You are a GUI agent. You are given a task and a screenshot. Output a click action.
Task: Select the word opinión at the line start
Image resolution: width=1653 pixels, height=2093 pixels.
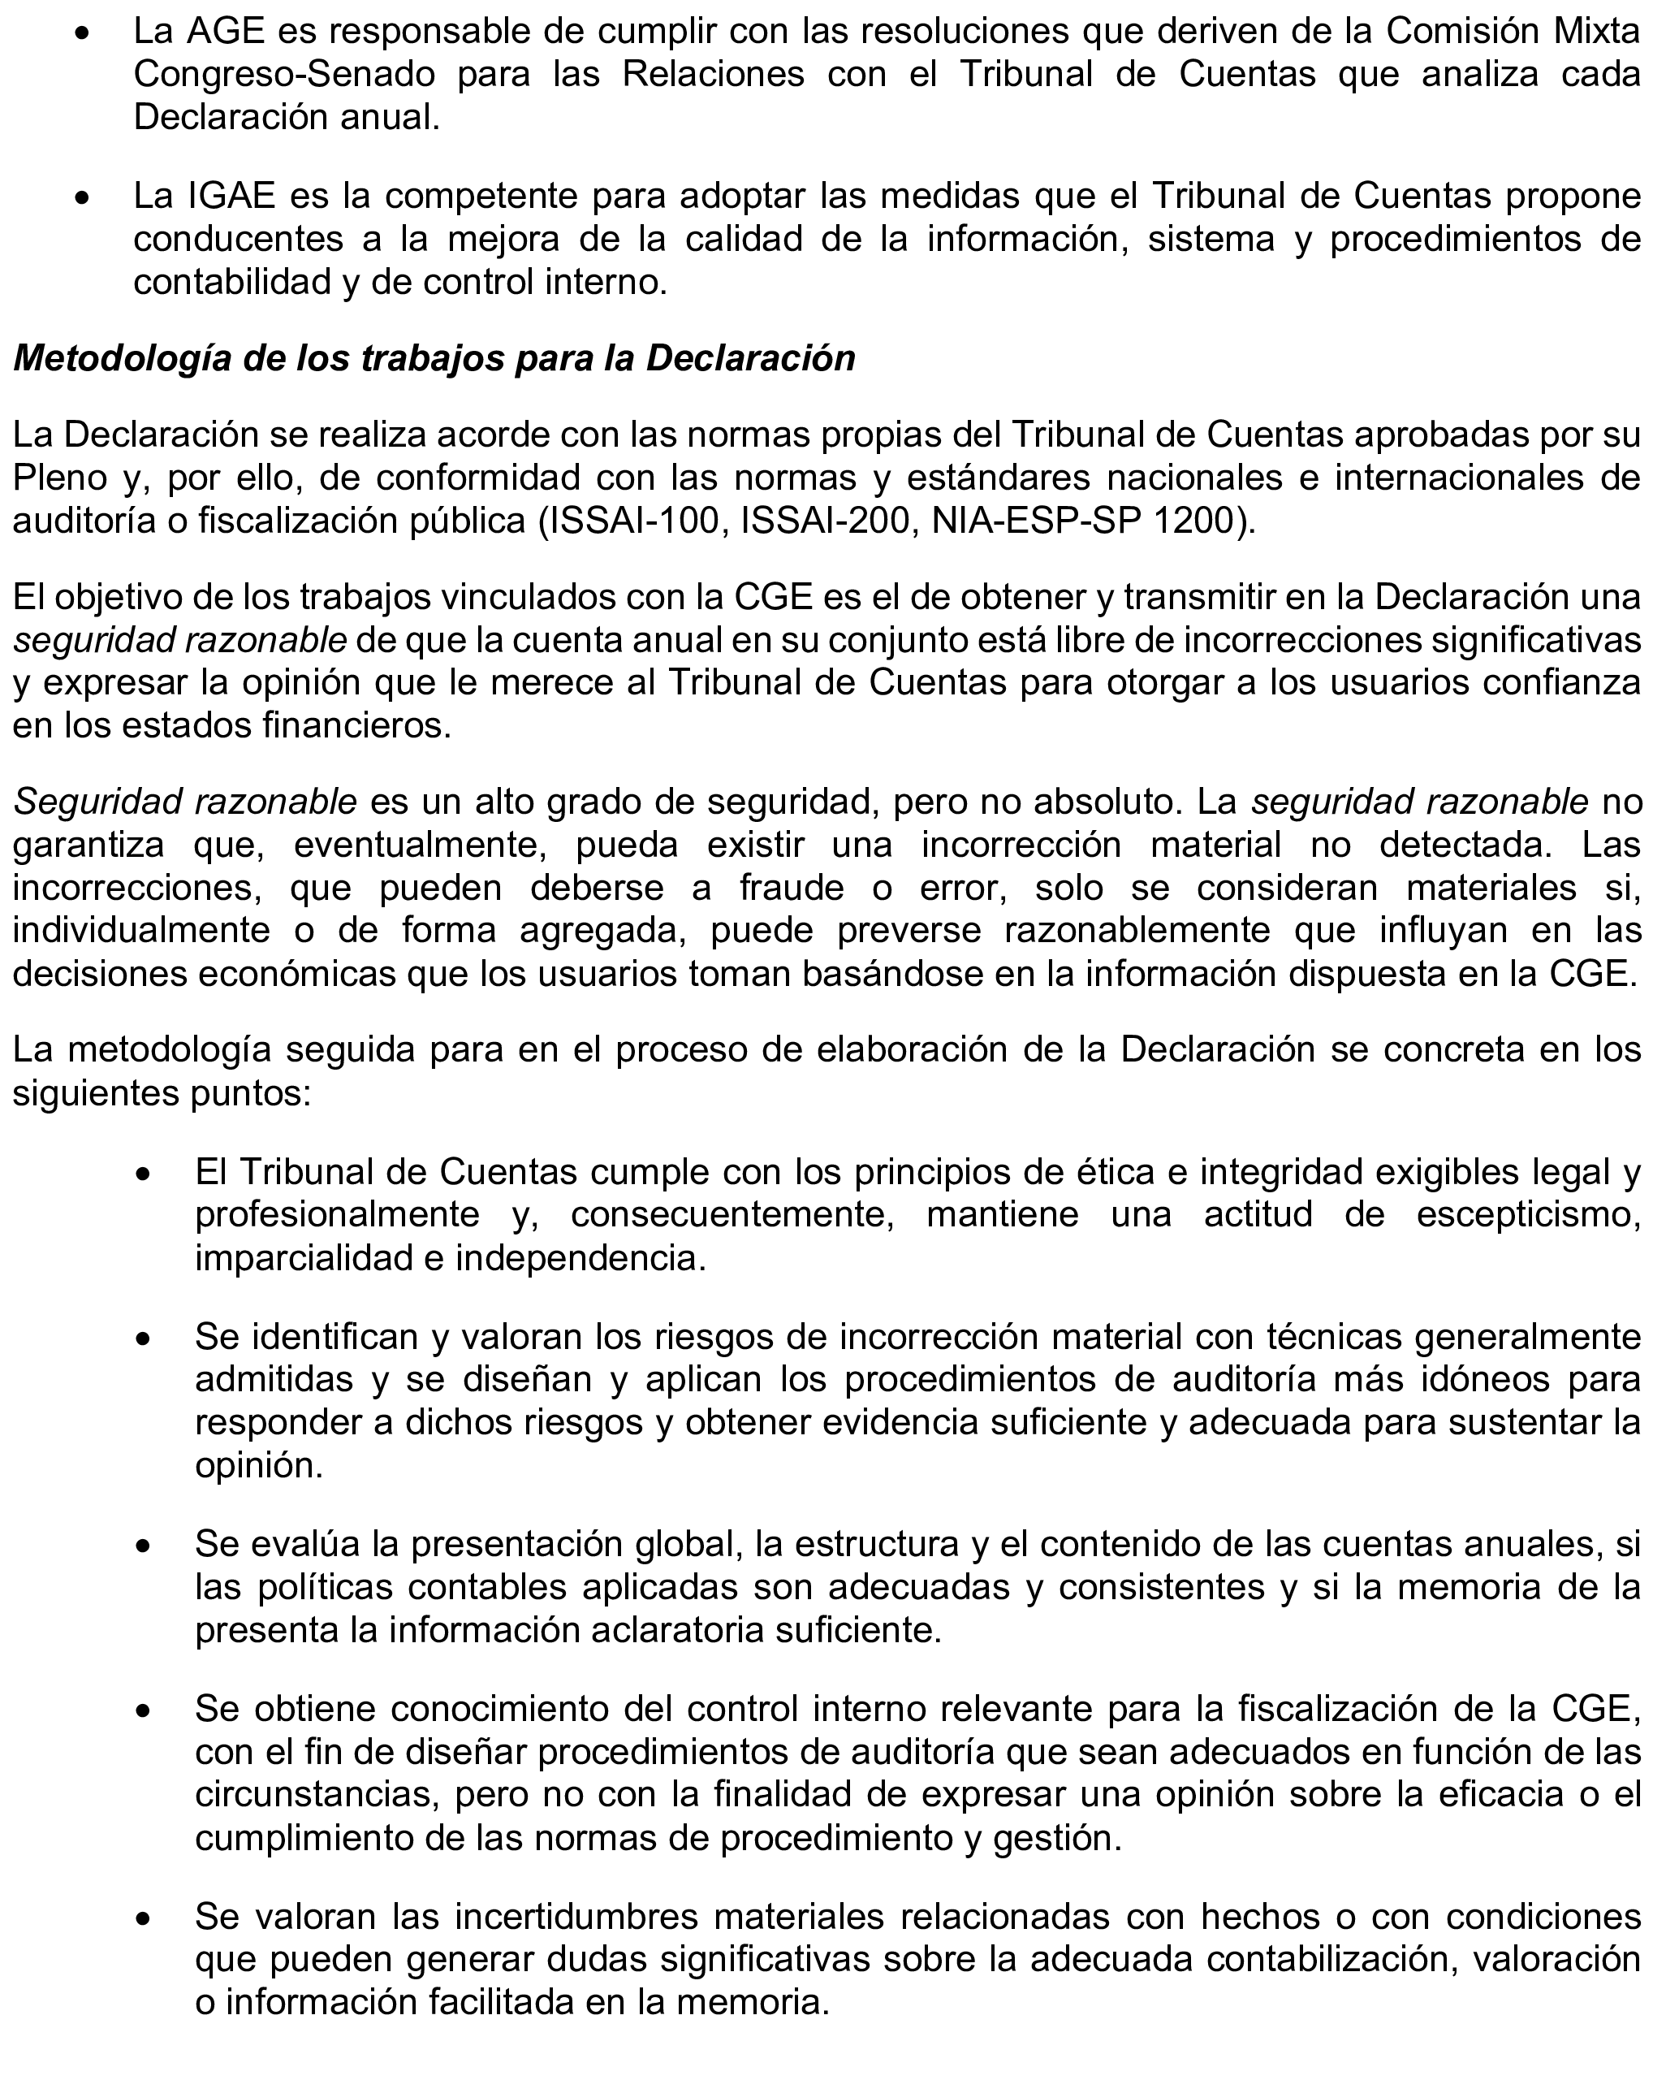tap(258, 1467)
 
